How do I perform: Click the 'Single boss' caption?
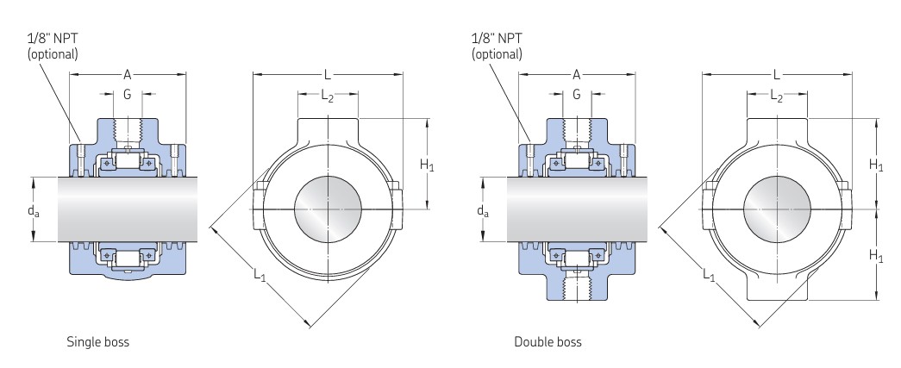tap(97, 342)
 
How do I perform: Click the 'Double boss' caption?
tap(547, 342)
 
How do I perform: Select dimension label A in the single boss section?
tap(128, 75)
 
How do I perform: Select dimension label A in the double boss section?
tap(576, 75)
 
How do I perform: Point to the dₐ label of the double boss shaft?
tap(483, 210)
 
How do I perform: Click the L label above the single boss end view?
tap(327, 75)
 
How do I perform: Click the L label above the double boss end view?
tap(776, 75)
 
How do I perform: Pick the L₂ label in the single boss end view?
tap(327, 97)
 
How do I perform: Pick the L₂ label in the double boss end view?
tap(776, 97)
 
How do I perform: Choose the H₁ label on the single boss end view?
tap(426, 164)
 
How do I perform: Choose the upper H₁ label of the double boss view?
tap(875, 164)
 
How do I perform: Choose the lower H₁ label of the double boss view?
tap(875, 256)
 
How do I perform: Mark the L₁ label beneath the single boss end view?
tap(260, 274)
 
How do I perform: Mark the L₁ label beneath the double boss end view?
tap(709, 274)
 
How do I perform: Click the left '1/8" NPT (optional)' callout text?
tap(53, 46)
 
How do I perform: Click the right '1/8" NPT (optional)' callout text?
tap(497, 46)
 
